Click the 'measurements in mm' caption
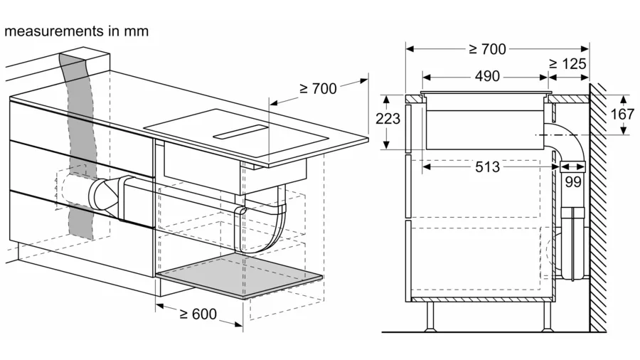point(77,31)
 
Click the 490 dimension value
point(487,76)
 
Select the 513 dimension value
point(487,166)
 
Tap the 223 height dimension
point(388,119)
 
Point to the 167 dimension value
point(622,114)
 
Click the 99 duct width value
point(573,181)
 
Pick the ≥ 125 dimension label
point(567,63)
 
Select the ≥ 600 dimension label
point(198,314)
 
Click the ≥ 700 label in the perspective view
point(318,88)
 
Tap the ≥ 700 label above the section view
point(487,49)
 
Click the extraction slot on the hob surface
point(240,132)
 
